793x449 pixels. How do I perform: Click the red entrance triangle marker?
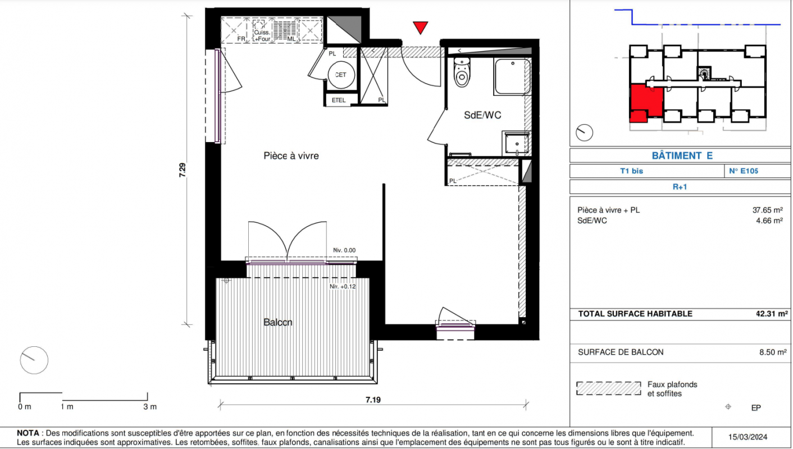coord(420,28)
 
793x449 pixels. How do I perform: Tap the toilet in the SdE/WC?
coord(462,72)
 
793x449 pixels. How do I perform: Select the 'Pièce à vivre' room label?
coord(291,155)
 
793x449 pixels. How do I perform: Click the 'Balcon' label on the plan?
coord(278,322)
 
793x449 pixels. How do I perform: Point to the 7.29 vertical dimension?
coord(183,170)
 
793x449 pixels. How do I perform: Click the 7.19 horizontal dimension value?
coord(373,400)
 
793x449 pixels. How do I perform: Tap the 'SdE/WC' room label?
coord(482,115)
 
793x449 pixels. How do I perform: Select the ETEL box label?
coord(339,100)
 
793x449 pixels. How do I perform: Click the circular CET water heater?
coord(341,75)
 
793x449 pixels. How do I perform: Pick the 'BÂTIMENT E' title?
coord(682,155)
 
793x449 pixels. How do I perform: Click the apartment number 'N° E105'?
coord(744,171)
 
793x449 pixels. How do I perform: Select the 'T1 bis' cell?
coord(632,171)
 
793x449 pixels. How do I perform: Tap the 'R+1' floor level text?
coord(680,187)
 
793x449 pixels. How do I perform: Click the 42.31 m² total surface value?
coord(772,314)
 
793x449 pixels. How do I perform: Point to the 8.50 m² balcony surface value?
coord(773,352)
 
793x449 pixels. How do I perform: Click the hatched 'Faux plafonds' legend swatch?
coord(609,388)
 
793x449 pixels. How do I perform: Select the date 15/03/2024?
coord(748,437)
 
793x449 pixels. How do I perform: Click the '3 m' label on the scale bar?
coord(150,407)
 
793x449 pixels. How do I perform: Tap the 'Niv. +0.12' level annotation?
coord(343,286)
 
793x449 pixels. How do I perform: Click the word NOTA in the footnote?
coord(28,433)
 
